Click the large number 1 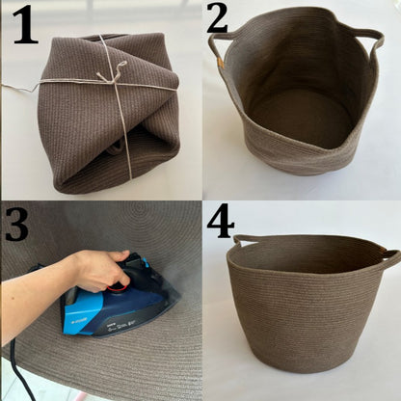[x=26, y=25]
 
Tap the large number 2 [x=217, y=18]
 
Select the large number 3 [x=16, y=224]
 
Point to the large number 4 [x=221, y=221]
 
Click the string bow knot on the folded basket [x=111, y=73]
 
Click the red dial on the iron [x=118, y=286]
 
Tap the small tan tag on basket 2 [x=220, y=62]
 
